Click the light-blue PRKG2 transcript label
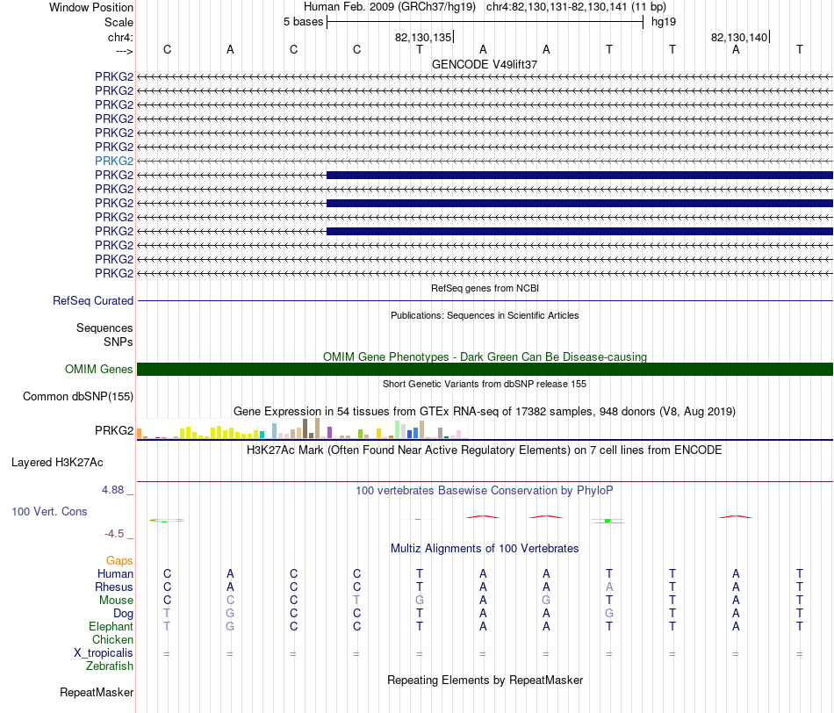(114, 161)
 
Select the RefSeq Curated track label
(93, 300)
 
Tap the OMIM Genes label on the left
(99, 370)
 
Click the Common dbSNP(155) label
(78, 396)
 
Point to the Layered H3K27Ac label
(57, 463)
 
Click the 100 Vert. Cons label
(49, 511)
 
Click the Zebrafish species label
(110, 666)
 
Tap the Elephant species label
(111, 627)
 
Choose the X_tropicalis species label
(104, 653)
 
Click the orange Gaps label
(119, 560)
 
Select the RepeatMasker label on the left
(97, 692)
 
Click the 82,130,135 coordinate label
(423, 37)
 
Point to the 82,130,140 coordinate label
(739, 37)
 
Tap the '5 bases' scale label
(303, 22)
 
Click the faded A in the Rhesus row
(609, 587)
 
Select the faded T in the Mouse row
(356, 601)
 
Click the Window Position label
(91, 7)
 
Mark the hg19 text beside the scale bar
(664, 22)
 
